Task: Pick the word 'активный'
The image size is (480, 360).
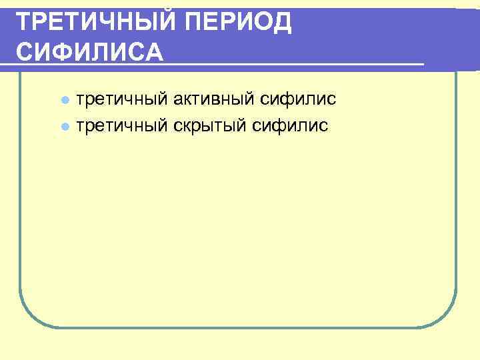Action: click(x=203, y=99)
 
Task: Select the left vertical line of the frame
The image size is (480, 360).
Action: click(x=19, y=200)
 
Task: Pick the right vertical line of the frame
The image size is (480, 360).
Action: click(x=456, y=200)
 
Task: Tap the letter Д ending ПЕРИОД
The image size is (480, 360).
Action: click(x=282, y=23)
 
